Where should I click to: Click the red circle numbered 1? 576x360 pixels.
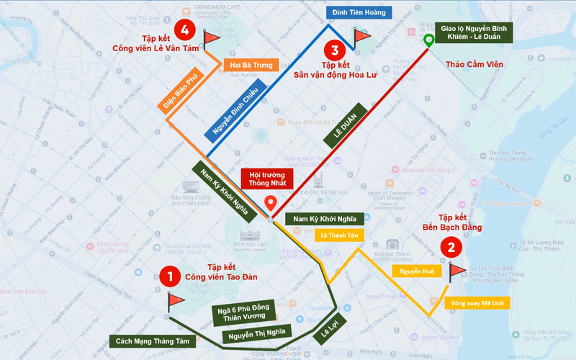tap(169, 276)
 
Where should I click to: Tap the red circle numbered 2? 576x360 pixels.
tap(451, 248)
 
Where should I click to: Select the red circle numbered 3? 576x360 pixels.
tap(333, 50)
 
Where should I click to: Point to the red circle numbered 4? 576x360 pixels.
tap(186, 30)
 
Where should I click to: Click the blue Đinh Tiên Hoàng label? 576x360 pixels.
tap(358, 12)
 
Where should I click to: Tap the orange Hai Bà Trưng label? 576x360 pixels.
tap(251, 66)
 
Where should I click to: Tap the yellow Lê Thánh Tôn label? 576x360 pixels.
tap(340, 235)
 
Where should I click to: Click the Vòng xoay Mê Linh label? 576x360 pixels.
tap(478, 303)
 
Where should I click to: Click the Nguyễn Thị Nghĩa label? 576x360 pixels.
tap(255, 333)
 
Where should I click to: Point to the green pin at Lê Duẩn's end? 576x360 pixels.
tap(428, 41)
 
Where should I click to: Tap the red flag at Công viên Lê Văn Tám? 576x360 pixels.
tap(210, 37)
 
